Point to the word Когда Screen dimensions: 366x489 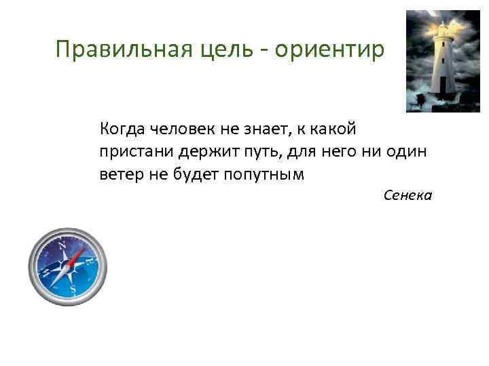pyautogui.click(x=120, y=128)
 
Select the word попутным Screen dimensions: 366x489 pyautogui.click(x=270, y=174)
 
